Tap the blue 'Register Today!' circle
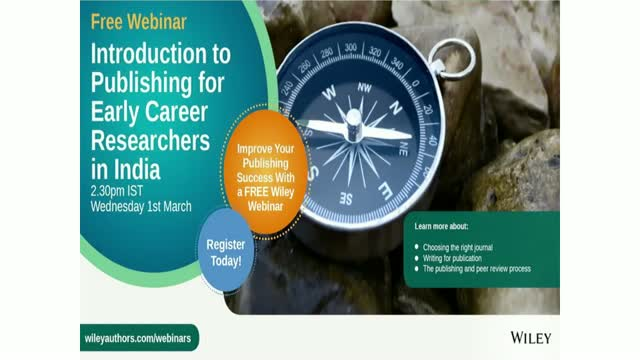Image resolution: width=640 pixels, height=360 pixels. (231, 251)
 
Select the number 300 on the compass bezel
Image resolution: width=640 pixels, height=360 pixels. (349, 47)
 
